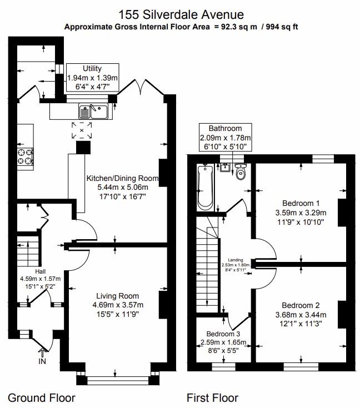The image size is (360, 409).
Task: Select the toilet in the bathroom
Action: coord(241,173)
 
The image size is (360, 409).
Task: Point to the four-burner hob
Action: coord(25,156)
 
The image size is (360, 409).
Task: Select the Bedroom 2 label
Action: coord(301,305)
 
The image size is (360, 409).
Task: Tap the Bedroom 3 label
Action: coord(223,334)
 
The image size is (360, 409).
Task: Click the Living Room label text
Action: coord(117,296)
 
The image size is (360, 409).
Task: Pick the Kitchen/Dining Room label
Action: coord(122,178)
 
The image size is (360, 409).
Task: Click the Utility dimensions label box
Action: coord(92,78)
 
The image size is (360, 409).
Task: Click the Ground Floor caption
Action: coord(42,397)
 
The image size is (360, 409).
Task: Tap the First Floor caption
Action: coord(212,397)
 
